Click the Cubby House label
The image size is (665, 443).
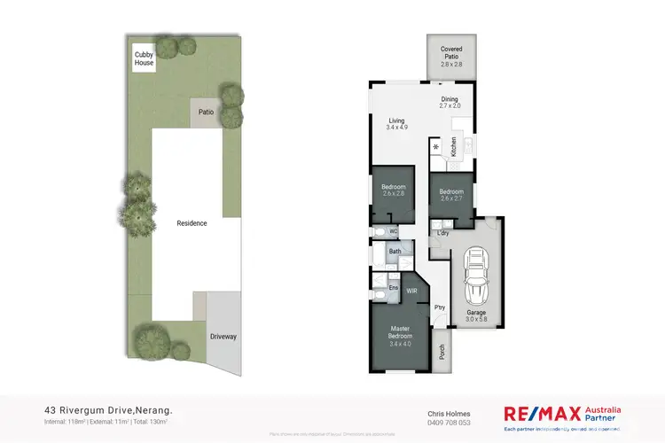[144, 59]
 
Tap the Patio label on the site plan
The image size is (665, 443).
[206, 113]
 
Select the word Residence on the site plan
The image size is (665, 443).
[192, 223]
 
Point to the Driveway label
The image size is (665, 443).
[223, 337]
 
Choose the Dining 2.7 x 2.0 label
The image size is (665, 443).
[450, 103]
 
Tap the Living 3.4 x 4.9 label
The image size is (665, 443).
[397, 124]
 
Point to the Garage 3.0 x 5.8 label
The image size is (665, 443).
[477, 316]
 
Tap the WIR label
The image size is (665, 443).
[411, 291]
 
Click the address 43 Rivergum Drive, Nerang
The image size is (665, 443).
[108, 411]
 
